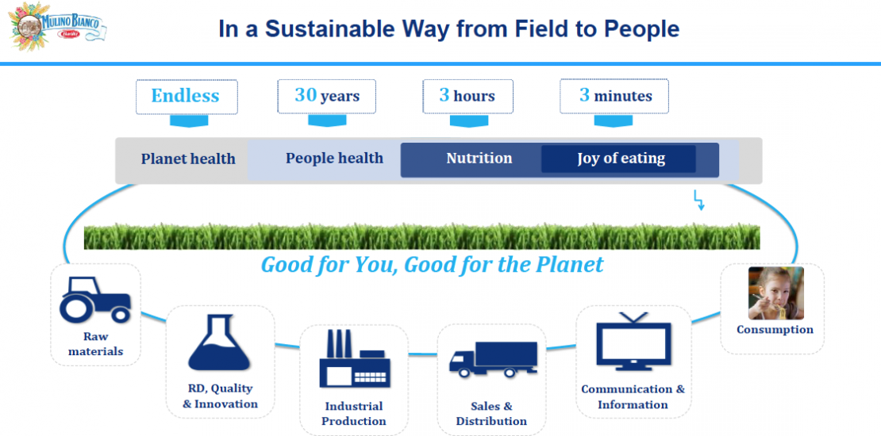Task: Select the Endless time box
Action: click(x=187, y=97)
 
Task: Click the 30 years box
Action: click(x=326, y=97)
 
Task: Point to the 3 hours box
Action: click(x=467, y=97)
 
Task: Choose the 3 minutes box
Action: click(x=614, y=97)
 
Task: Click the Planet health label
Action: click(x=187, y=159)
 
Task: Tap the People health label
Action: click(x=334, y=159)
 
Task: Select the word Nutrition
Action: click(x=479, y=159)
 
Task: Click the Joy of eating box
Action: click(x=618, y=159)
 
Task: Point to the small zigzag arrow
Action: click(x=699, y=201)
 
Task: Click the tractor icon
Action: click(x=95, y=299)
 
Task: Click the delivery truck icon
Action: click(x=493, y=359)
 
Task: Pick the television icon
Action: click(x=634, y=342)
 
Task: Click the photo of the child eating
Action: click(x=776, y=293)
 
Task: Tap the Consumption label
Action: click(x=775, y=330)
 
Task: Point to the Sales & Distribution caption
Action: click(x=491, y=413)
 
